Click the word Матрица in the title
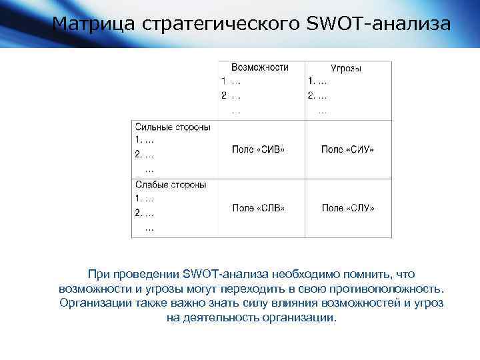[94, 24]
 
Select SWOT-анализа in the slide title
[379, 24]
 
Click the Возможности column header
[260, 67]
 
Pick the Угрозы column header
[346, 69]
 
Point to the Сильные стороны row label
[173, 127]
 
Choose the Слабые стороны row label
[171, 185]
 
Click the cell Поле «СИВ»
[258, 149]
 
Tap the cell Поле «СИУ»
[347, 149]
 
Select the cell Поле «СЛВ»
[258, 208]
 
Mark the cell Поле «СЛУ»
[347, 208]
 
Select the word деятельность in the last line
[220, 318]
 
